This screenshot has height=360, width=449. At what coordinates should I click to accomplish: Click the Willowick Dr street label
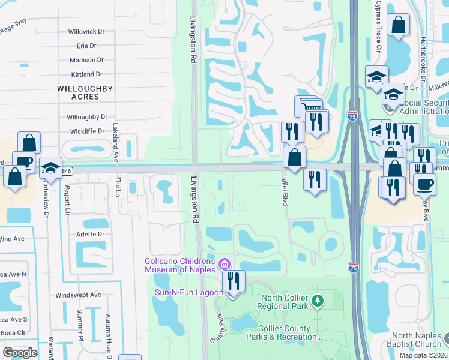[x=86, y=31]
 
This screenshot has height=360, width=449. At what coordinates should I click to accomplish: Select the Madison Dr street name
[x=86, y=60]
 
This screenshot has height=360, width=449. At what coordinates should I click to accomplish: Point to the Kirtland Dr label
[x=86, y=74]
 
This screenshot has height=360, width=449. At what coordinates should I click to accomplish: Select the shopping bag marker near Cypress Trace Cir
[x=399, y=26]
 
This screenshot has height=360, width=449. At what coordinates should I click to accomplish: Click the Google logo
[x=20, y=352]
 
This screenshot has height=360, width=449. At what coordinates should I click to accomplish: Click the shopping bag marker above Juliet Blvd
[x=294, y=158]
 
